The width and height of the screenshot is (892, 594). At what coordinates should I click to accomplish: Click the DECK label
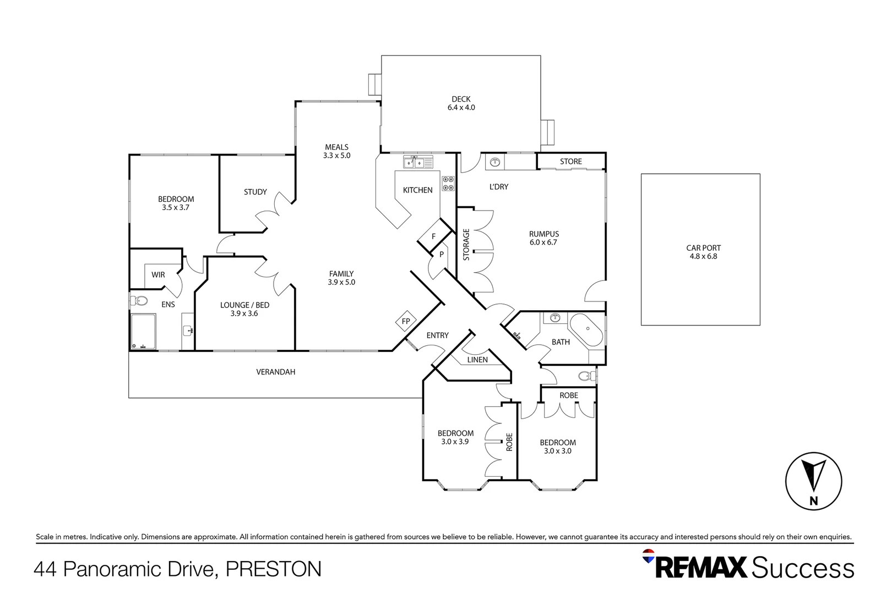pyautogui.click(x=461, y=100)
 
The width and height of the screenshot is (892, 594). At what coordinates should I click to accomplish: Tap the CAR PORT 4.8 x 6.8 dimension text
pyautogui.click(x=703, y=256)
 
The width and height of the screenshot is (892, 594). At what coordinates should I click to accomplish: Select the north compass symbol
pyautogui.click(x=813, y=481)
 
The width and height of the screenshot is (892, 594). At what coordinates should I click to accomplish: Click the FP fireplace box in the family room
pyautogui.click(x=406, y=321)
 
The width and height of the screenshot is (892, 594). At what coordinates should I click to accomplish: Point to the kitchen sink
pyautogui.click(x=414, y=163)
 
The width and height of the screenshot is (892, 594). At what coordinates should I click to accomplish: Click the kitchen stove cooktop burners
pyautogui.click(x=448, y=183)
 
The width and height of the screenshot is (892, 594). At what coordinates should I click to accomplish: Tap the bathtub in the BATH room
pyautogui.click(x=586, y=329)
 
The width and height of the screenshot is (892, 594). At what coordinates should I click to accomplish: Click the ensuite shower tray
pyautogui.click(x=143, y=331)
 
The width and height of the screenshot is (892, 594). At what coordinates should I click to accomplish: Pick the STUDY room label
pyautogui.click(x=255, y=192)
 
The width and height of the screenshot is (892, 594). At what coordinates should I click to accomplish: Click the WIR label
pyautogui.click(x=158, y=274)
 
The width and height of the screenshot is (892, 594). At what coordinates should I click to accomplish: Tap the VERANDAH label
pyautogui.click(x=275, y=372)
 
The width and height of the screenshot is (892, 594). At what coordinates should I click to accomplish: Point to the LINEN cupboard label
pyautogui.click(x=477, y=360)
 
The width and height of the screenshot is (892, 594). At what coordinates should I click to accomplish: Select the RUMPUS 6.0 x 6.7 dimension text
pyautogui.click(x=543, y=243)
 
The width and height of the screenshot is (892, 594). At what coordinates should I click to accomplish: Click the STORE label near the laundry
pyautogui.click(x=570, y=161)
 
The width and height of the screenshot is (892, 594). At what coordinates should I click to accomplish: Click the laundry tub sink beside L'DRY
pyautogui.click(x=494, y=162)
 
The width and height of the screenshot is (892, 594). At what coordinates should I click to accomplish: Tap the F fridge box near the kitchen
pyautogui.click(x=434, y=237)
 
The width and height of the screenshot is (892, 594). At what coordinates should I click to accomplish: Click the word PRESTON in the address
pyautogui.click(x=273, y=569)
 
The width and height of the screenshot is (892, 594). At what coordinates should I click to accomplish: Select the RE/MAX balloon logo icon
pyautogui.click(x=649, y=555)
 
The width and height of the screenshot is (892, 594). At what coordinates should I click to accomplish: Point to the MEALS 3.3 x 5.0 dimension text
pyautogui.click(x=336, y=156)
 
